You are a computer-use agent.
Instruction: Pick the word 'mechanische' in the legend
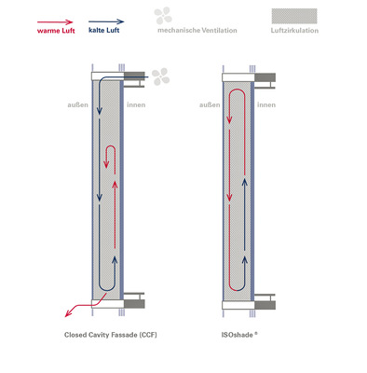175,31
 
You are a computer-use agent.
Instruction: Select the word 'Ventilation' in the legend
217,31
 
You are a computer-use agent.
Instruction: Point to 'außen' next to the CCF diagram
77,104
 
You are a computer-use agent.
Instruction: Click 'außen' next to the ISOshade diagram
210,104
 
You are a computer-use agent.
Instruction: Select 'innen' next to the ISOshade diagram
266,104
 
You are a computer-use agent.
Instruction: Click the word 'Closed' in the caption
76,335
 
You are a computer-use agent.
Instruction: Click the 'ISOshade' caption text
236,335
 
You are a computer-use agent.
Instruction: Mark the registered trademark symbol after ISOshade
256,333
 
